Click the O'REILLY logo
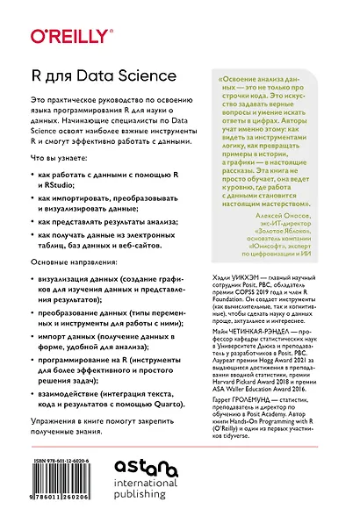62,37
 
